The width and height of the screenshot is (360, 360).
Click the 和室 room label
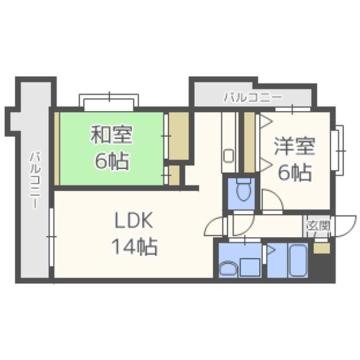(111, 134)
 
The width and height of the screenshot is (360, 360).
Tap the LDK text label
(134, 220)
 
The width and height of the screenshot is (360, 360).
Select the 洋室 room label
(295, 146)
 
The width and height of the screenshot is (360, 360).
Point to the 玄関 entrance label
(319, 226)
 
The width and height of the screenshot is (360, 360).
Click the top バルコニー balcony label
(253, 97)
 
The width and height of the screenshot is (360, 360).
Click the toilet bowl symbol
(244, 190)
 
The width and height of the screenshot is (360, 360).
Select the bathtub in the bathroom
(298, 260)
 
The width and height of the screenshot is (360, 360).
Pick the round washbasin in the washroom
(228, 269)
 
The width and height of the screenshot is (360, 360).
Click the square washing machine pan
(250, 267)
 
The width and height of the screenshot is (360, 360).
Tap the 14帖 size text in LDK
(134, 246)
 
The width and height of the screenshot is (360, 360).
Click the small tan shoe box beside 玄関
(322, 249)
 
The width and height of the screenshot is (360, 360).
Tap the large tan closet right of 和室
(179, 136)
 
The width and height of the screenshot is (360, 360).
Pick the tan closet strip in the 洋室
(250, 142)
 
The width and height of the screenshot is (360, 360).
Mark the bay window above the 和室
(109, 101)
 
